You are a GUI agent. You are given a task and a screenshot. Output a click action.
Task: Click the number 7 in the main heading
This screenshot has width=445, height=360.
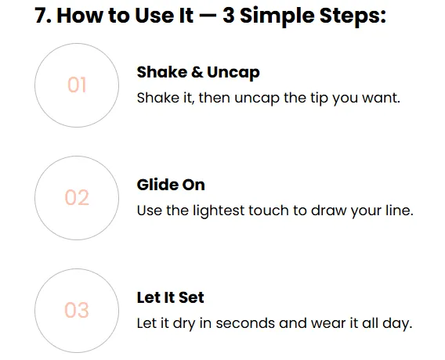coord(40,16)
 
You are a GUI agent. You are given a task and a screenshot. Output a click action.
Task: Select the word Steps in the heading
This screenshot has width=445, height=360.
coord(350,17)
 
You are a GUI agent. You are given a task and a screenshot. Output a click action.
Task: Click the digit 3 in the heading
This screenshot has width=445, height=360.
coord(229,16)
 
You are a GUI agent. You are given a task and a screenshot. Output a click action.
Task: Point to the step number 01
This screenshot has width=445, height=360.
coord(77,85)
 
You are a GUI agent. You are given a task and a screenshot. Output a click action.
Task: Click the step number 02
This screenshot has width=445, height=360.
coord(77,197)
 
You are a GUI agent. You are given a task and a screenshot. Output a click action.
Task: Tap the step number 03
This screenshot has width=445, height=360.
coord(77,310)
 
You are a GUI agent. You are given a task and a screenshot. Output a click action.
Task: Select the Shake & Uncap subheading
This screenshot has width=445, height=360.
coord(198,73)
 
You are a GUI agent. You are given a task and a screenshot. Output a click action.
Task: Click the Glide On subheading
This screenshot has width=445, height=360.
coord(171,185)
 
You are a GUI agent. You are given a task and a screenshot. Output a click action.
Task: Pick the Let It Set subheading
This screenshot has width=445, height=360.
coord(170,297)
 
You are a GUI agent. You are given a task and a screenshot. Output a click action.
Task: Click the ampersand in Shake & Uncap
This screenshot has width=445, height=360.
coord(197,72)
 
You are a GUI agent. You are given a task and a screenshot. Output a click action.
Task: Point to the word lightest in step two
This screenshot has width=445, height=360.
coord(219,211)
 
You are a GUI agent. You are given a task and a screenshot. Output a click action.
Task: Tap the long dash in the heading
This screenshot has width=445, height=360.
coord(208,16)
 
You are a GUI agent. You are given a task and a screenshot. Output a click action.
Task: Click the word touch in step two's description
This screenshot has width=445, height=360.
coord(269,211)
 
